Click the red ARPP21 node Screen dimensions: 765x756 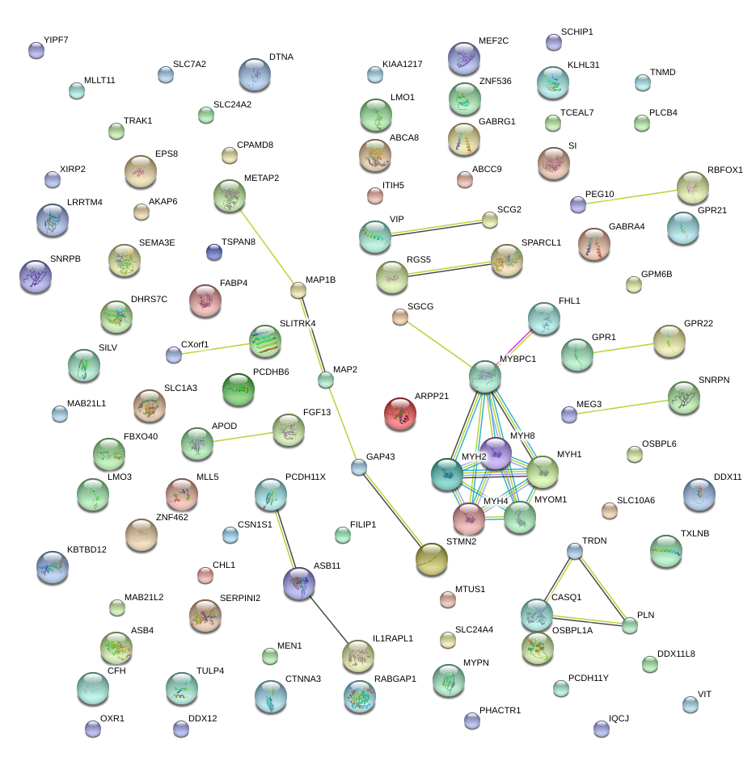[400, 413]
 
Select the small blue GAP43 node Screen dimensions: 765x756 [359, 466]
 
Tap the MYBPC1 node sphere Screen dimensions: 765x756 [485, 376]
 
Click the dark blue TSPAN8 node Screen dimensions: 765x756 [213, 253]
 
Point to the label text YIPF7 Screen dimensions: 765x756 [57, 39]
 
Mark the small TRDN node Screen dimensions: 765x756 [574, 551]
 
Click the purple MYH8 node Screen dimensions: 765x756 [496, 453]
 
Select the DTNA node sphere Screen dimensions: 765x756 [255, 74]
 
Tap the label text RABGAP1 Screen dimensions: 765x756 [395, 679]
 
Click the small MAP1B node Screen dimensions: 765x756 [298, 290]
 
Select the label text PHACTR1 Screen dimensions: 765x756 [500, 711]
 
